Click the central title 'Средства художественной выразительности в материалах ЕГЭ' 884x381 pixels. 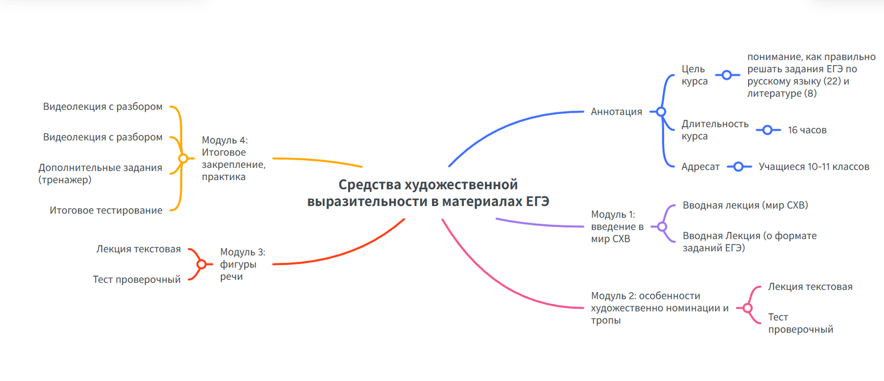pos(428,193)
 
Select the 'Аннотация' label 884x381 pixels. pos(617,112)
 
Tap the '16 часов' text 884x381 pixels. pos(807,130)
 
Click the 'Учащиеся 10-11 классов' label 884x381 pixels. pos(814,167)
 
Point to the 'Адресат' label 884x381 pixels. pos(701,167)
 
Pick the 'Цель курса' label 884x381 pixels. pos(694,75)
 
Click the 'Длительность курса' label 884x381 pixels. pos(715,130)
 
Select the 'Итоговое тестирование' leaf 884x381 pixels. pos(106,210)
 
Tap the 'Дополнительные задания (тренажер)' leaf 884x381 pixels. pos(100,173)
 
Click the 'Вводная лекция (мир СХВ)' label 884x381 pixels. pos(745,205)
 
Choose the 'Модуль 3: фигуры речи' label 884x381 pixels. pos(243,264)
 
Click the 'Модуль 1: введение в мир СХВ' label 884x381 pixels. pos(617,226)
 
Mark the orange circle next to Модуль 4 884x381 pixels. pos(183,158)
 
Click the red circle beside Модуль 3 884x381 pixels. pos(201,264)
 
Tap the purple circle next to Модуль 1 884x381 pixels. pos(662,226)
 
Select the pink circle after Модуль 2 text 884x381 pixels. pos(748,308)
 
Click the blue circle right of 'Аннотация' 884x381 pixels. pos(661,112)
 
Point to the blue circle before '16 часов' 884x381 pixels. pos(768,130)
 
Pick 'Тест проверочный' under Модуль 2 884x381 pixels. pos(801,324)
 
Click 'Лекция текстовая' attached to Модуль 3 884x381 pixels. pos(139,249)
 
